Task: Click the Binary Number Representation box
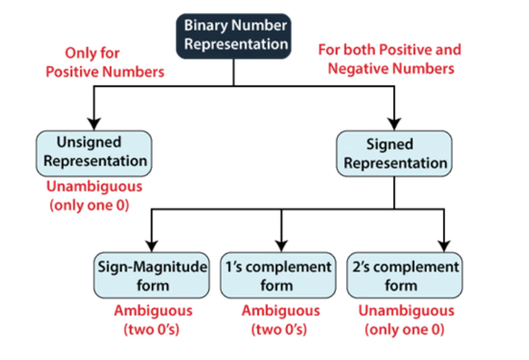click(234, 35)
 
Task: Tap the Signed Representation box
click(394, 153)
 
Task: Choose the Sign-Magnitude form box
click(151, 276)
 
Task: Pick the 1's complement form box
click(278, 276)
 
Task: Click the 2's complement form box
click(405, 276)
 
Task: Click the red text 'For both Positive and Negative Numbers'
click(390, 59)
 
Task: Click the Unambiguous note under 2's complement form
click(406, 319)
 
